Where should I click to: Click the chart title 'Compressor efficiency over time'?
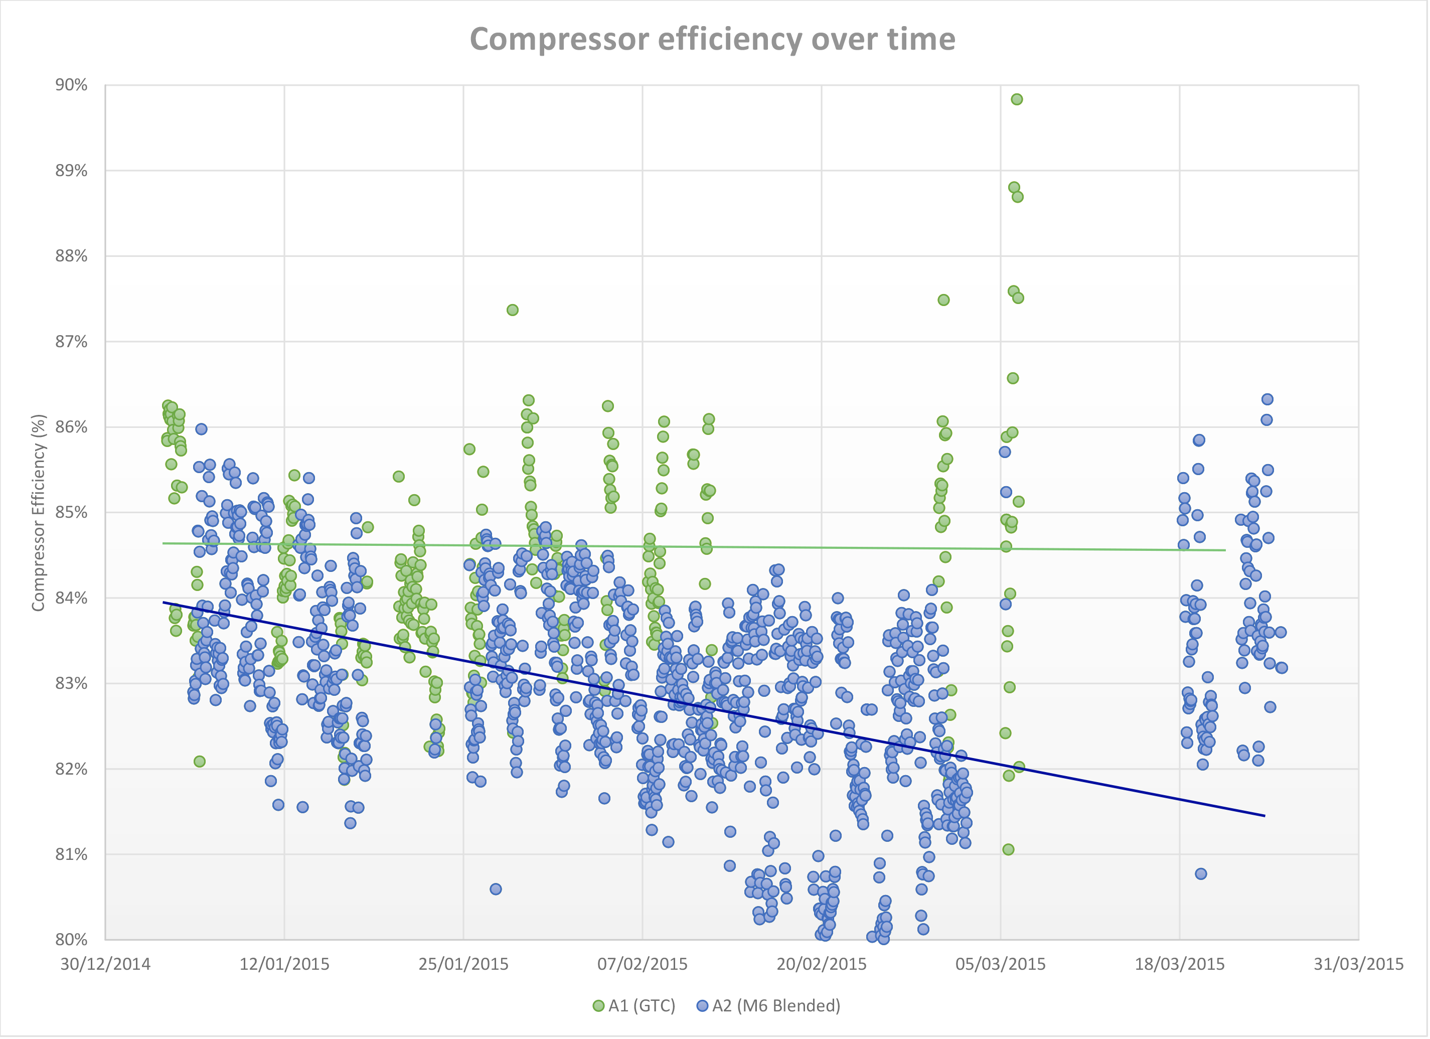pos(712,39)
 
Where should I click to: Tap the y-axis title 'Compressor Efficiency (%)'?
pos(39,513)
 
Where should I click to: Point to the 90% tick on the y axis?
pos(71,85)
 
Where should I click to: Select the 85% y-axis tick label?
pos(71,513)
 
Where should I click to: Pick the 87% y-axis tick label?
pos(71,342)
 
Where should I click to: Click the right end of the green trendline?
pos(1225,550)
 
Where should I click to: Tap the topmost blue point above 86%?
pos(1267,399)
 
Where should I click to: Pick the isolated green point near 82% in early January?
pos(200,762)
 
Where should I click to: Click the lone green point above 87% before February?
pos(513,310)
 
